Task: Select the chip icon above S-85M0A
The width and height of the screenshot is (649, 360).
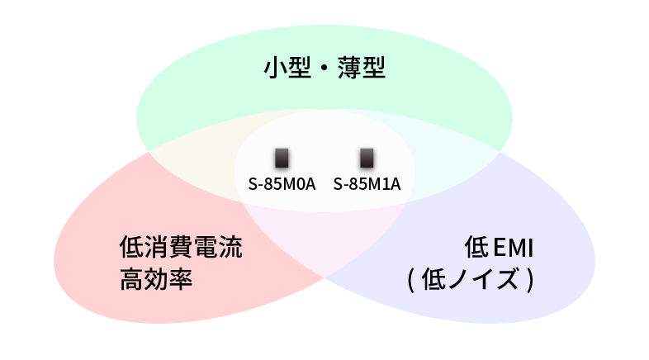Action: click(282, 158)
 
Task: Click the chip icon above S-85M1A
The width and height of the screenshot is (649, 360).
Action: click(367, 158)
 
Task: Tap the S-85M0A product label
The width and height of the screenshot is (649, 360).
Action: click(282, 183)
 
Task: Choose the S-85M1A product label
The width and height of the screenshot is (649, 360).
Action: click(367, 183)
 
